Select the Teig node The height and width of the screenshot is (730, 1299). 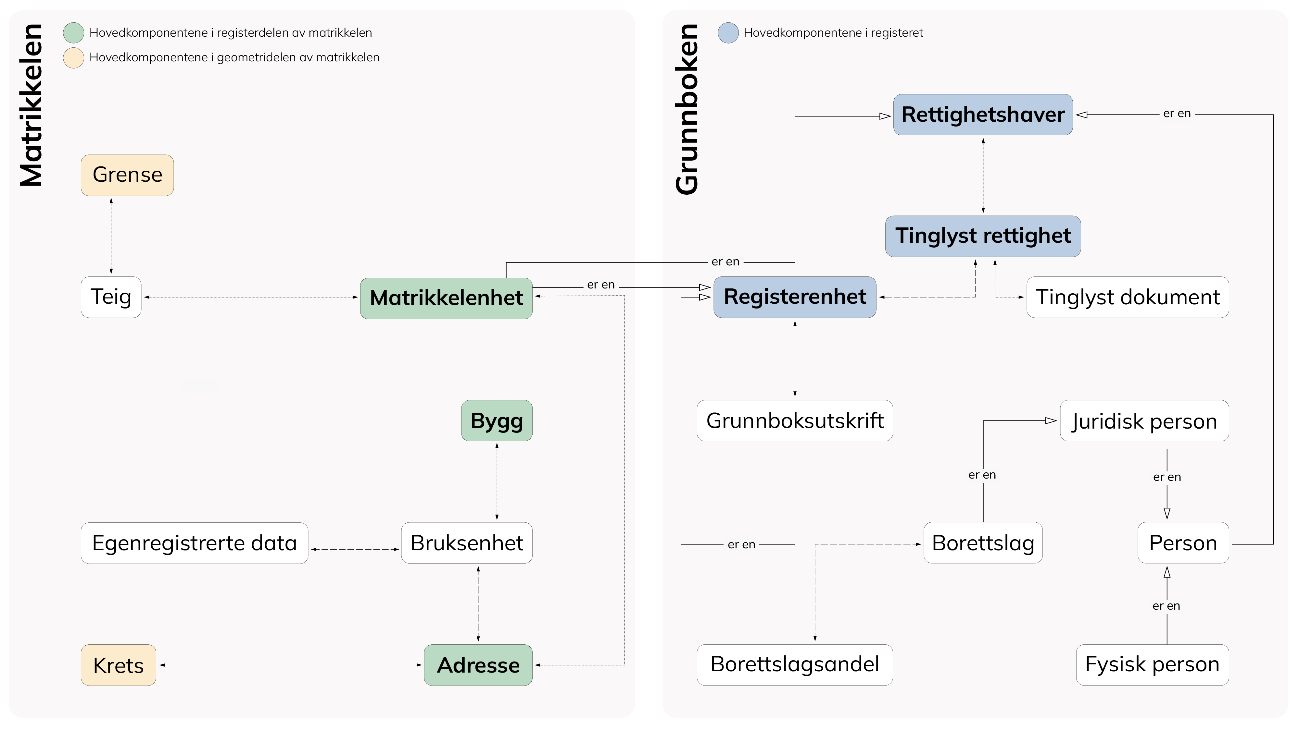111,297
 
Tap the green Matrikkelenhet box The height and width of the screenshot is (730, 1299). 446,298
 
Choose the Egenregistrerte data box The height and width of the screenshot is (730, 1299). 194,543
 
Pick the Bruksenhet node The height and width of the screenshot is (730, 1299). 466,543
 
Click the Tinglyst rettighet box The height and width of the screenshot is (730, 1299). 982,236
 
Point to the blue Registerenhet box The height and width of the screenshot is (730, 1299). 794,297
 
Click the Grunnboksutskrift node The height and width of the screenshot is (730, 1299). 794,421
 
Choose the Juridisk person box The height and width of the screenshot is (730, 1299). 1144,421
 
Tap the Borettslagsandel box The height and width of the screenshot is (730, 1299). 794,664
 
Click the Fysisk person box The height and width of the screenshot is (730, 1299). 1152,664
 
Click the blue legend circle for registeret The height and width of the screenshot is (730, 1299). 728,33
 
